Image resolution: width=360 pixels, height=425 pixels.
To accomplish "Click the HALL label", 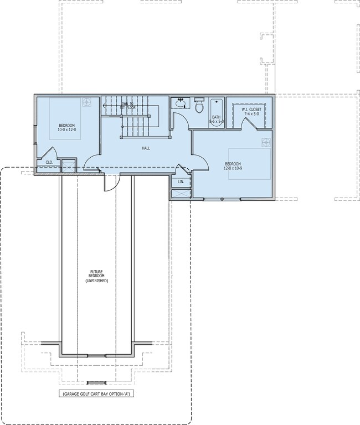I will [146, 148].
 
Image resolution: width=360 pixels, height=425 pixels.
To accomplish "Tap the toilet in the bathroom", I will [199, 106].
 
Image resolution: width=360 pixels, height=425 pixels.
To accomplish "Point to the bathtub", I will [216, 112].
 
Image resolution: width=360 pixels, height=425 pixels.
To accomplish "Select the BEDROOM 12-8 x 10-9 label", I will [233, 166].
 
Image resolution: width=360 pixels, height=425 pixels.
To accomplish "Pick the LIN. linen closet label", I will [181, 182].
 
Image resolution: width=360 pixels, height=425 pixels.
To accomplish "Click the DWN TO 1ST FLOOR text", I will [129, 106].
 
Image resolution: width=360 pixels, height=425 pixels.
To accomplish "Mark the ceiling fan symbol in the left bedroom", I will [87, 102].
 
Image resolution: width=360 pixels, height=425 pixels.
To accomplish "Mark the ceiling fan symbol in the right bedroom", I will [266, 142].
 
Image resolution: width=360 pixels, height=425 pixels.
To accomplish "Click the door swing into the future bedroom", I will [110, 182].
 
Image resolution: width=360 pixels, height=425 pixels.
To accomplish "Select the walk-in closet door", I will [247, 122].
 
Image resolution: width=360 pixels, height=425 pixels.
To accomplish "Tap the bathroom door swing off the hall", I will [179, 121].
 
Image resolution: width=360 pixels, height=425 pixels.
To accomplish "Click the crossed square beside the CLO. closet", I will [68, 165].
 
